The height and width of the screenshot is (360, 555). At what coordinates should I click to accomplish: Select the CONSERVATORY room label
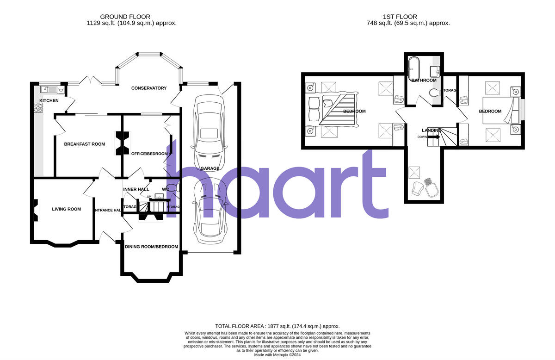click(x=148, y=88)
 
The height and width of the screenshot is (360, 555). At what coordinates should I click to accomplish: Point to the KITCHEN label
click(x=49, y=100)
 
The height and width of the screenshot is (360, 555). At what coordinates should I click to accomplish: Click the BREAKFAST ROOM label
click(x=84, y=144)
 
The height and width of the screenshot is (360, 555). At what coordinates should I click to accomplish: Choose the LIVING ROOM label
click(x=66, y=209)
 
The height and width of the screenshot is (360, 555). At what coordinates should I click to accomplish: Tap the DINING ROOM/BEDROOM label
click(x=151, y=247)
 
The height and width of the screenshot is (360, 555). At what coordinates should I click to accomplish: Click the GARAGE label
click(x=210, y=168)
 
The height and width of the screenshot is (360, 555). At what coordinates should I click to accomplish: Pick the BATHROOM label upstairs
click(x=424, y=81)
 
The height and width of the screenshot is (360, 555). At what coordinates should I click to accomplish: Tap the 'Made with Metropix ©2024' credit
click(x=277, y=354)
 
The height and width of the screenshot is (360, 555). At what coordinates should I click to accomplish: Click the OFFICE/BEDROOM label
click(x=149, y=154)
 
